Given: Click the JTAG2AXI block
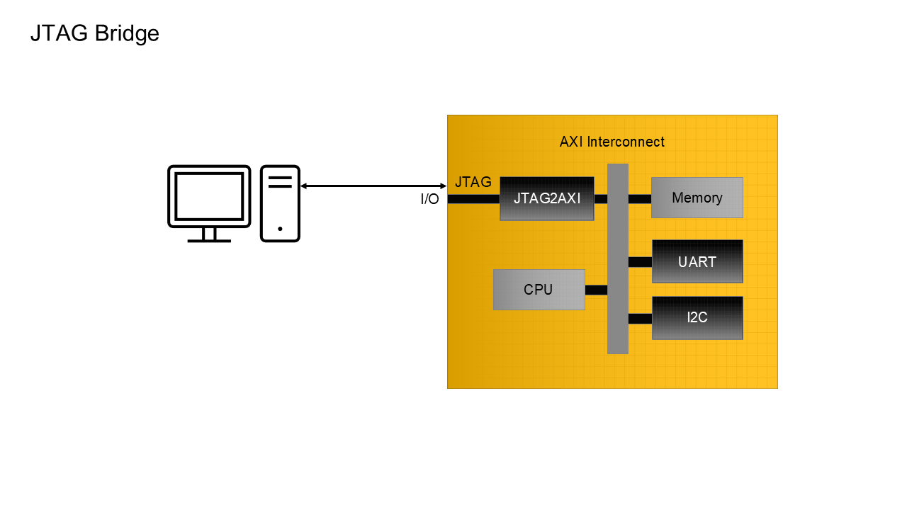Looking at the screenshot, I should (546, 198).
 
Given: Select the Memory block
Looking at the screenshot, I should (697, 198).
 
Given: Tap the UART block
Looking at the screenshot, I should (697, 261).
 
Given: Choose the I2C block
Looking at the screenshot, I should (697, 317).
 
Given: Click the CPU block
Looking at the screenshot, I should (539, 289).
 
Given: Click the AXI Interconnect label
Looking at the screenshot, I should (612, 142).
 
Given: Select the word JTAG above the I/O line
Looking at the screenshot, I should (473, 182).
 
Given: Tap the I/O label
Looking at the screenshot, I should (429, 200).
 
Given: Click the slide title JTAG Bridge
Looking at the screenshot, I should (94, 33).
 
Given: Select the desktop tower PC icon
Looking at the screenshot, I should (280, 203).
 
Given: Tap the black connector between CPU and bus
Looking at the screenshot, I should (596, 290).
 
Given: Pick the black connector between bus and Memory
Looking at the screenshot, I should (639, 198).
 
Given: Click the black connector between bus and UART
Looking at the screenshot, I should (639, 262).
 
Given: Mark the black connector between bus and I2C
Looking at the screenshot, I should (639, 318).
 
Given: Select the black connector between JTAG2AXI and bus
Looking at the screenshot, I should (600, 198).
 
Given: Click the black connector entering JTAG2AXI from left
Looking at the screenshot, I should (473, 199).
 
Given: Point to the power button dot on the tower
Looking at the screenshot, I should (280, 229).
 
